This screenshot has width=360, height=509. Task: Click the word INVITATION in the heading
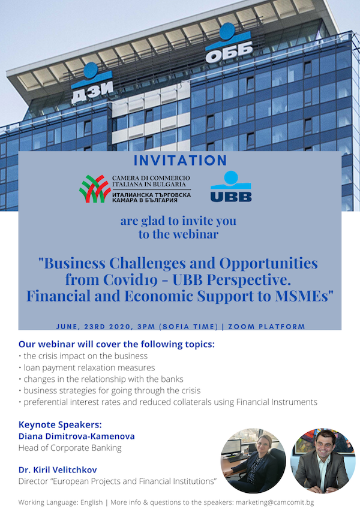(x=180, y=160)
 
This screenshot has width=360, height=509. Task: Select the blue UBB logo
(x=231, y=186)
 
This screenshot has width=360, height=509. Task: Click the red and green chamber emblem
(x=94, y=189)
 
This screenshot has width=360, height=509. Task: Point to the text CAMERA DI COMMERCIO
(x=151, y=178)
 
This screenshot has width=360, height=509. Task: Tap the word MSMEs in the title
(x=304, y=296)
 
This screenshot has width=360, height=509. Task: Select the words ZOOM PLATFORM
(x=267, y=327)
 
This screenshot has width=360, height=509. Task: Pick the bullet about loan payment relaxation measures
(x=87, y=368)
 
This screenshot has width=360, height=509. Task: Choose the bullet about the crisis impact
(x=83, y=356)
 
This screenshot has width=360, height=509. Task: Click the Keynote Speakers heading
(x=60, y=424)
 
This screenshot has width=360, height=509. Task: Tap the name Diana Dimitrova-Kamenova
(x=77, y=436)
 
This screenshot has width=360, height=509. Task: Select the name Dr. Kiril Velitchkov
(x=58, y=469)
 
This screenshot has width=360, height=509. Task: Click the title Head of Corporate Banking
(x=70, y=448)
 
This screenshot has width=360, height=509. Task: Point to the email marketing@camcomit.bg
(x=275, y=502)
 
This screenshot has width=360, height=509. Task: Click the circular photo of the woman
(x=253, y=460)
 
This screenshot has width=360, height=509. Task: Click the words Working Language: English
(x=61, y=502)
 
